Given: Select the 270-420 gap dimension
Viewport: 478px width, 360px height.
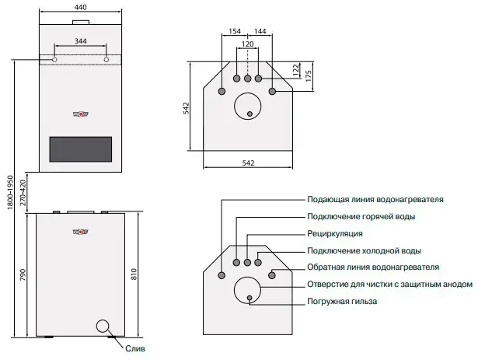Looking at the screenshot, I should point(23,191).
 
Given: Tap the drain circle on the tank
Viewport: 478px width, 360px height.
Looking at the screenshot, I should point(103,327).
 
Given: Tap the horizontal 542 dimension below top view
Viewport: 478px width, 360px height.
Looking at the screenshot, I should point(247,163).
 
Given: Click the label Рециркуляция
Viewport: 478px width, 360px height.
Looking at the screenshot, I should point(335,233).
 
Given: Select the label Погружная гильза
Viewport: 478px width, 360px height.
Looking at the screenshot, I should point(343,301).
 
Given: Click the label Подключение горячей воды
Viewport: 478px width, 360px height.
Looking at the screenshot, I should point(361,216).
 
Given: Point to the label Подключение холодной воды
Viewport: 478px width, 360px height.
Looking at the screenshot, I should point(365,250).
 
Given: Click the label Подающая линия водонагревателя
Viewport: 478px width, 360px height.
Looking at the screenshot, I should point(375,199).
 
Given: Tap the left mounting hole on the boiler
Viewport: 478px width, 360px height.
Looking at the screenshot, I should point(54,59).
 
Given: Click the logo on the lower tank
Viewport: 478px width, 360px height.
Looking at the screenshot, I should point(80,229).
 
